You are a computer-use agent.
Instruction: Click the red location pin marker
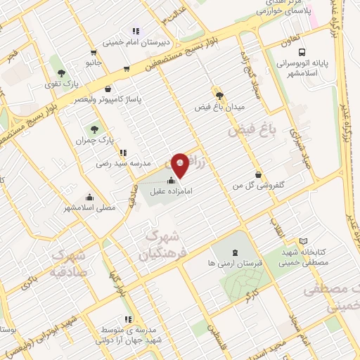coord(180,166)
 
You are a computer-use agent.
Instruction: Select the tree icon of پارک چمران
coord(94,129)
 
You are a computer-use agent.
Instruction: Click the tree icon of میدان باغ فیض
coord(219,95)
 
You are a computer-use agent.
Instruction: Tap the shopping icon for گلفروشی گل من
coord(259,174)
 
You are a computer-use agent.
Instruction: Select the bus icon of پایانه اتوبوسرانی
coord(302,52)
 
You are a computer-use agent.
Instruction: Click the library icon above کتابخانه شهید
coord(303,241)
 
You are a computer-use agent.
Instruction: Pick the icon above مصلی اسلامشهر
coord(89,197)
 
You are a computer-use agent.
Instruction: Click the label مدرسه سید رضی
coord(124,162)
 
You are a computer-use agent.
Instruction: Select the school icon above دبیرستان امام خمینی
coord(136,30)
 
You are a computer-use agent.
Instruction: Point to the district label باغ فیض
coord(255,130)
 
